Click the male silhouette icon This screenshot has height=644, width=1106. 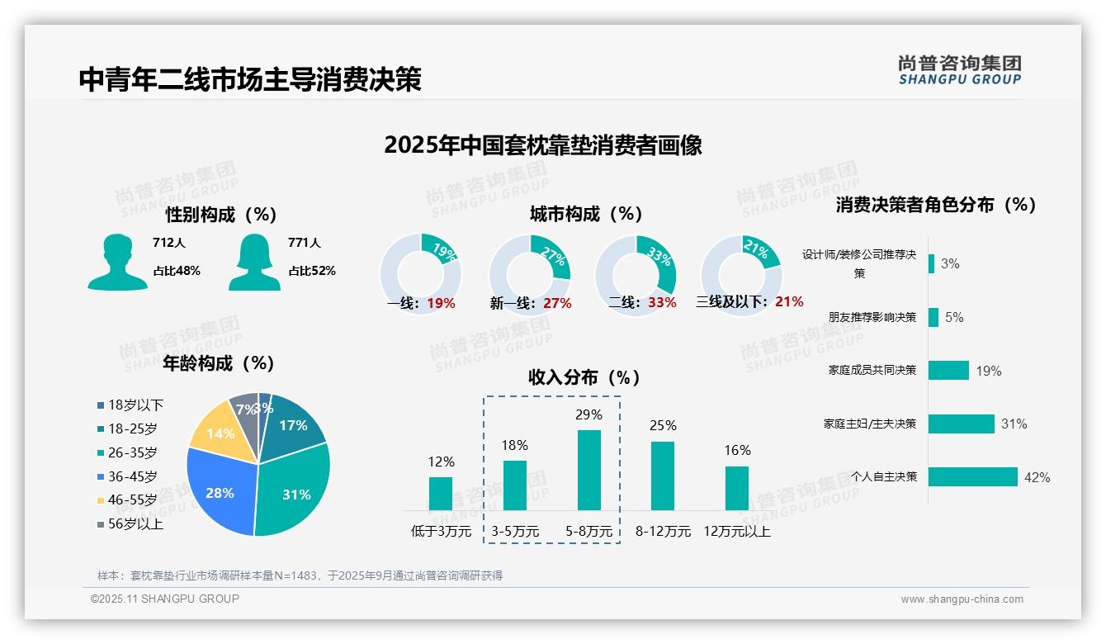tap(117, 262)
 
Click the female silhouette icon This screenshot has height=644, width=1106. tap(254, 262)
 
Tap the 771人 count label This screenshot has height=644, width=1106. tap(305, 243)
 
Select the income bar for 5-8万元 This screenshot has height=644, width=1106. tap(589, 470)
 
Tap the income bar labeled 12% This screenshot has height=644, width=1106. tap(441, 494)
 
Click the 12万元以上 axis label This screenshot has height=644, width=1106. tap(737, 532)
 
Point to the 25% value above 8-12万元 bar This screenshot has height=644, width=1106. tap(663, 425)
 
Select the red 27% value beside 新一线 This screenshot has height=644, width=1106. tap(557, 303)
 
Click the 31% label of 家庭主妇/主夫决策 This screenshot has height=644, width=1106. tap(1014, 424)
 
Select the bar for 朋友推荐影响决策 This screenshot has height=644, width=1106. tap(933, 317)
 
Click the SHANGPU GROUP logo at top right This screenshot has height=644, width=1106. tap(960, 70)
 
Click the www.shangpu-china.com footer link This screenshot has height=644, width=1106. tap(962, 599)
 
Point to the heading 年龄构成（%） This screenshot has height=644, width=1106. tap(218, 363)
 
